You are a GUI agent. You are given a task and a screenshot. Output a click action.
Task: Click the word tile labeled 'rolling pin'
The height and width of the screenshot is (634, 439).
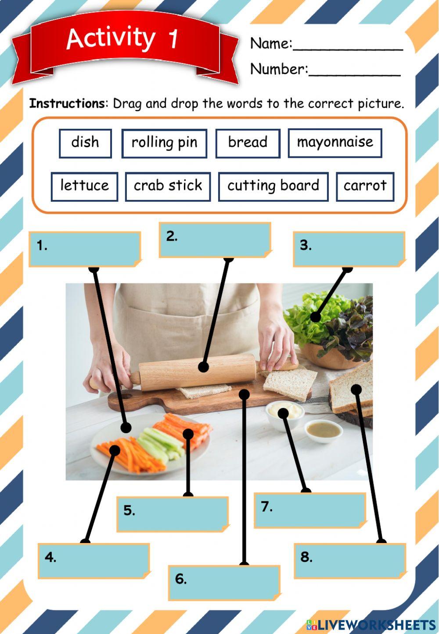click(x=164, y=143)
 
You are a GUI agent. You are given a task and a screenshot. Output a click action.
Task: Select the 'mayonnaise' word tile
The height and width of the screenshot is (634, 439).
click(x=335, y=143)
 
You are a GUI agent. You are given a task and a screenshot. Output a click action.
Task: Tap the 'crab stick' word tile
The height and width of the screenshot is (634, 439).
click(x=168, y=186)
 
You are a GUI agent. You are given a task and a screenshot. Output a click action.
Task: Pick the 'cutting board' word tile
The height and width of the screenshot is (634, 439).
click(x=273, y=186)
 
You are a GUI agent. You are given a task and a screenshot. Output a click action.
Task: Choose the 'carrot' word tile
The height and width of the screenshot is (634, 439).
click(x=365, y=186)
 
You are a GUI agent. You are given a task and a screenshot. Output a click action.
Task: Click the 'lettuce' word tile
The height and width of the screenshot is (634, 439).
click(x=84, y=186)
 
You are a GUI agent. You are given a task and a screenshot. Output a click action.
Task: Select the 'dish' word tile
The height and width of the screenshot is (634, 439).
click(x=85, y=143)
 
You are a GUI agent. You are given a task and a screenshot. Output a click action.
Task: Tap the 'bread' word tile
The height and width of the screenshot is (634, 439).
click(x=248, y=143)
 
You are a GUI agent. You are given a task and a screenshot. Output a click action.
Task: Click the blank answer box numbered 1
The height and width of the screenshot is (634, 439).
click(x=85, y=249)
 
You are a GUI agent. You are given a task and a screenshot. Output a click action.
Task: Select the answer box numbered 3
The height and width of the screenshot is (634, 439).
click(x=349, y=249)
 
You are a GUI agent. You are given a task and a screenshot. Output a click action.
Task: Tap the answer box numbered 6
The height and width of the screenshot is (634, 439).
click(x=224, y=582)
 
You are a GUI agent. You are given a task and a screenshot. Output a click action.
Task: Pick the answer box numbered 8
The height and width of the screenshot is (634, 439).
click(x=350, y=560)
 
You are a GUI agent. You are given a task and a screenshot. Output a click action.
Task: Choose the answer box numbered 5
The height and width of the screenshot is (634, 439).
click(x=173, y=514)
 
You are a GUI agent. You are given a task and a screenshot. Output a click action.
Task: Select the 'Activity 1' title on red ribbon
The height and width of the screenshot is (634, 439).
click(x=123, y=39)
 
